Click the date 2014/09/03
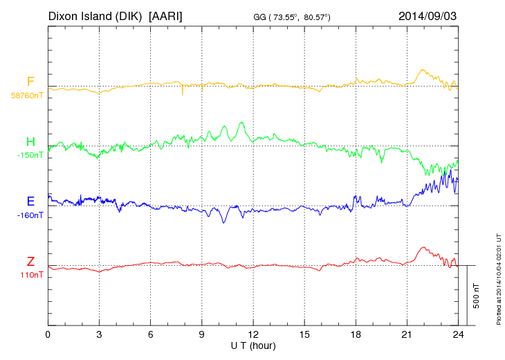428,15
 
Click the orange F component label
30,82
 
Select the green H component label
30,142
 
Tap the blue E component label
30,201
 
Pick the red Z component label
30,261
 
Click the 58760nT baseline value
26,96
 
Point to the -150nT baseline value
30,155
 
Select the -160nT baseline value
30,215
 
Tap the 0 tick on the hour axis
48,334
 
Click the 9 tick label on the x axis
202,334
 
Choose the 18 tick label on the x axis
356,334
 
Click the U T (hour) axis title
253,345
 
